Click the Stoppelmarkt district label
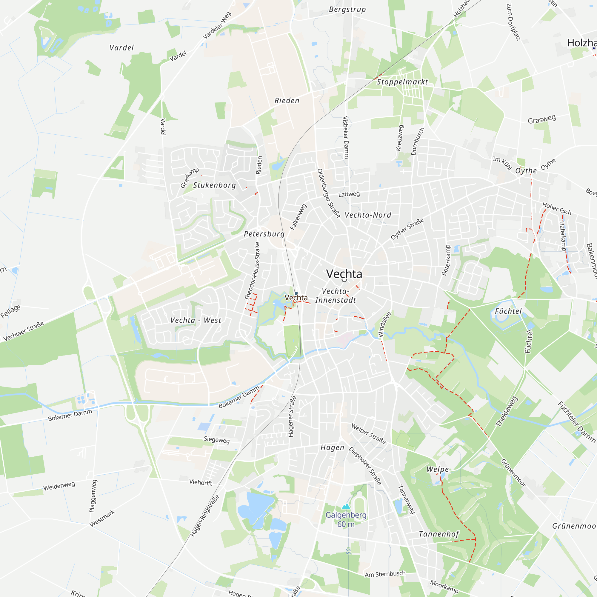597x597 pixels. pyautogui.click(x=402, y=82)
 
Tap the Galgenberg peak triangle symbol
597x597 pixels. pyautogui.click(x=346, y=506)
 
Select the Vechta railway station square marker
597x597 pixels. pyautogui.click(x=296, y=293)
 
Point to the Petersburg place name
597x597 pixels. pyautogui.click(x=264, y=234)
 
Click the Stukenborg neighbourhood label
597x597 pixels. pyautogui.click(x=214, y=185)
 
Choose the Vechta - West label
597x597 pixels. pyautogui.click(x=196, y=320)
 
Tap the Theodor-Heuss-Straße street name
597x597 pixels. pyautogui.click(x=252, y=271)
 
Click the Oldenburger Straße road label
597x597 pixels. pyautogui.click(x=329, y=193)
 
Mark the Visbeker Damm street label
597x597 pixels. pyautogui.click(x=346, y=138)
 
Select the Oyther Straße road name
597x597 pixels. pyautogui.click(x=407, y=229)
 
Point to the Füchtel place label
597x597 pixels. pyautogui.click(x=508, y=311)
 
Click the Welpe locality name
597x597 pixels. pyautogui.click(x=438, y=469)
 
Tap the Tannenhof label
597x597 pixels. pyautogui.click(x=439, y=534)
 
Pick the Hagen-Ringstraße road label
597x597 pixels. pyautogui.click(x=205, y=516)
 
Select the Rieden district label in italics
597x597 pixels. pyautogui.click(x=287, y=101)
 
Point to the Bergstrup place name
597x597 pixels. pyautogui.click(x=347, y=9)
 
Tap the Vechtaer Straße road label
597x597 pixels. pyautogui.click(x=24, y=331)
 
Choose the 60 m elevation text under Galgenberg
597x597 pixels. pyautogui.click(x=346, y=524)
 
